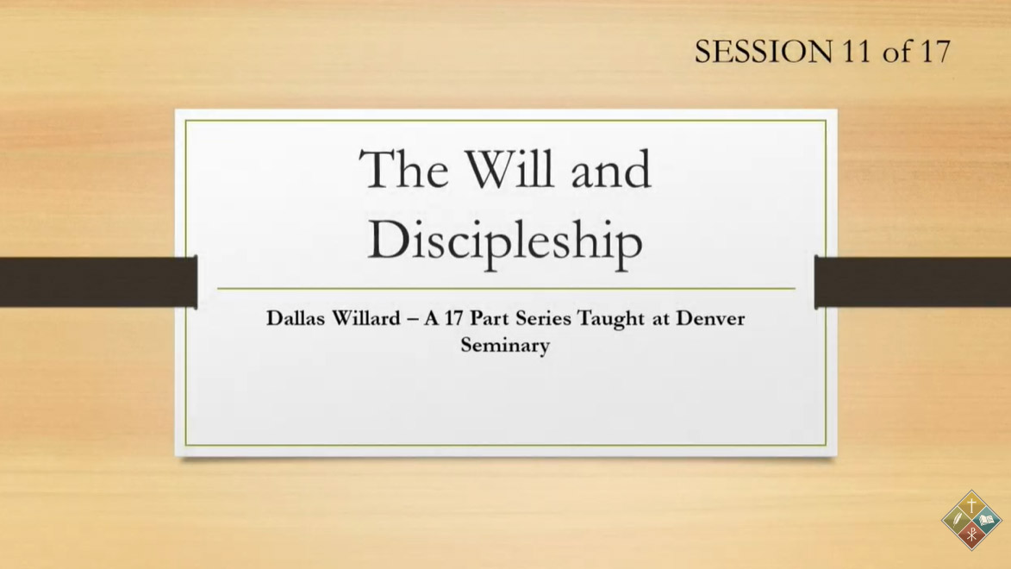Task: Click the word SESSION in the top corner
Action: tap(764, 52)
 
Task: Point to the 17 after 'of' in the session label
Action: tap(935, 52)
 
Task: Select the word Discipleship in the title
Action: tap(505, 241)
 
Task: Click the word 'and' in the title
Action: tap(611, 169)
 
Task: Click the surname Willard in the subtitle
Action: tap(365, 318)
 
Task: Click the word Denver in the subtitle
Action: tap(710, 318)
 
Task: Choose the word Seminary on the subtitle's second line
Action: tap(505, 345)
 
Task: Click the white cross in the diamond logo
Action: tap(971, 505)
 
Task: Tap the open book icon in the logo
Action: tap(987, 520)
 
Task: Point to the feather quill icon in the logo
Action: tap(957, 520)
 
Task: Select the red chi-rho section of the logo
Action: tap(971, 535)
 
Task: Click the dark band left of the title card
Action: tap(98, 282)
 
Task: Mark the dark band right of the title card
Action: tap(913, 282)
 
